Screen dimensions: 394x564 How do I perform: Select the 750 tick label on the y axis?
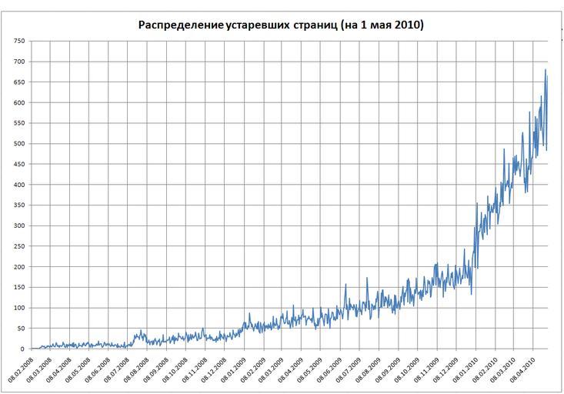pos(16,41)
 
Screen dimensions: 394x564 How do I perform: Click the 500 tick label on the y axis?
pos(16,144)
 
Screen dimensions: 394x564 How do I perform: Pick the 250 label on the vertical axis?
pos(16,246)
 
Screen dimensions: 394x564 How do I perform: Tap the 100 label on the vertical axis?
pos(16,308)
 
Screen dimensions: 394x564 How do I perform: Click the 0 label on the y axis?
pos(21,349)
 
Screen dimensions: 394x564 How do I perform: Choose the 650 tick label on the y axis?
pos(16,82)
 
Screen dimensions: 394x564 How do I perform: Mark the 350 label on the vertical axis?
pos(16,205)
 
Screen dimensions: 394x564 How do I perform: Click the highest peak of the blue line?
pos(546,70)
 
